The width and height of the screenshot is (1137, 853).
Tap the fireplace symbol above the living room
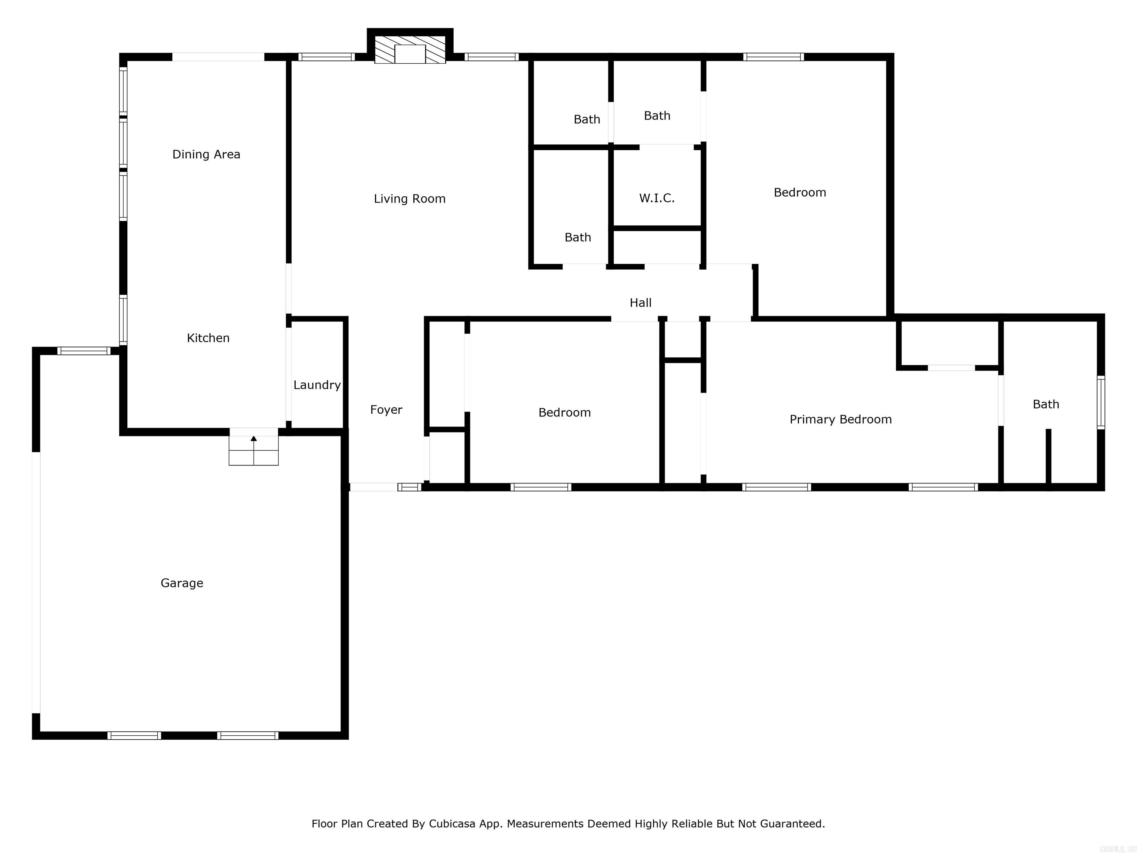point(410,50)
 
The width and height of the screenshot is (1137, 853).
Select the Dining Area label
point(206,154)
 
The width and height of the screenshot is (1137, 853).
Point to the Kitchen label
point(208,338)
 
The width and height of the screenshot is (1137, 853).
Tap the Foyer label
point(386,410)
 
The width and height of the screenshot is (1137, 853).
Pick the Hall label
point(640,303)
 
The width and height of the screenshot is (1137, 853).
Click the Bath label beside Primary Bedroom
point(1046,405)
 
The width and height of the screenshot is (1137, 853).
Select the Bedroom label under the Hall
point(564,412)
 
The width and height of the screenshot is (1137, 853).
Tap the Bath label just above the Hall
point(577,238)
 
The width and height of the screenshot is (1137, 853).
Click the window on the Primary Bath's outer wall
point(1100,402)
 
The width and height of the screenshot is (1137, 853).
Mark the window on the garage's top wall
point(83,351)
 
